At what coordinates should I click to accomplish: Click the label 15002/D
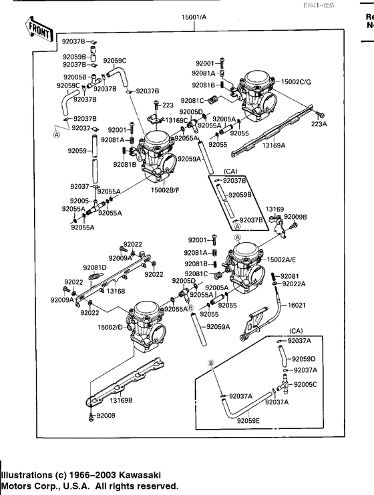pos(110,327)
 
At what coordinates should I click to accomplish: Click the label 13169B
pos(121,400)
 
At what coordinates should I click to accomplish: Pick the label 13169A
pos(273,144)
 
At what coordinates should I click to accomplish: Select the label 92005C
pos(307,385)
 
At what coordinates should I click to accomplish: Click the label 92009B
pos(295,217)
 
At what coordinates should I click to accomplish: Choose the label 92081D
pos(95,267)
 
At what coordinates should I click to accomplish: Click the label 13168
pos(116,291)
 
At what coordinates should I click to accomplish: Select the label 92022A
pos(293,284)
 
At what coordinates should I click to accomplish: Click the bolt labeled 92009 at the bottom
pos(89,418)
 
